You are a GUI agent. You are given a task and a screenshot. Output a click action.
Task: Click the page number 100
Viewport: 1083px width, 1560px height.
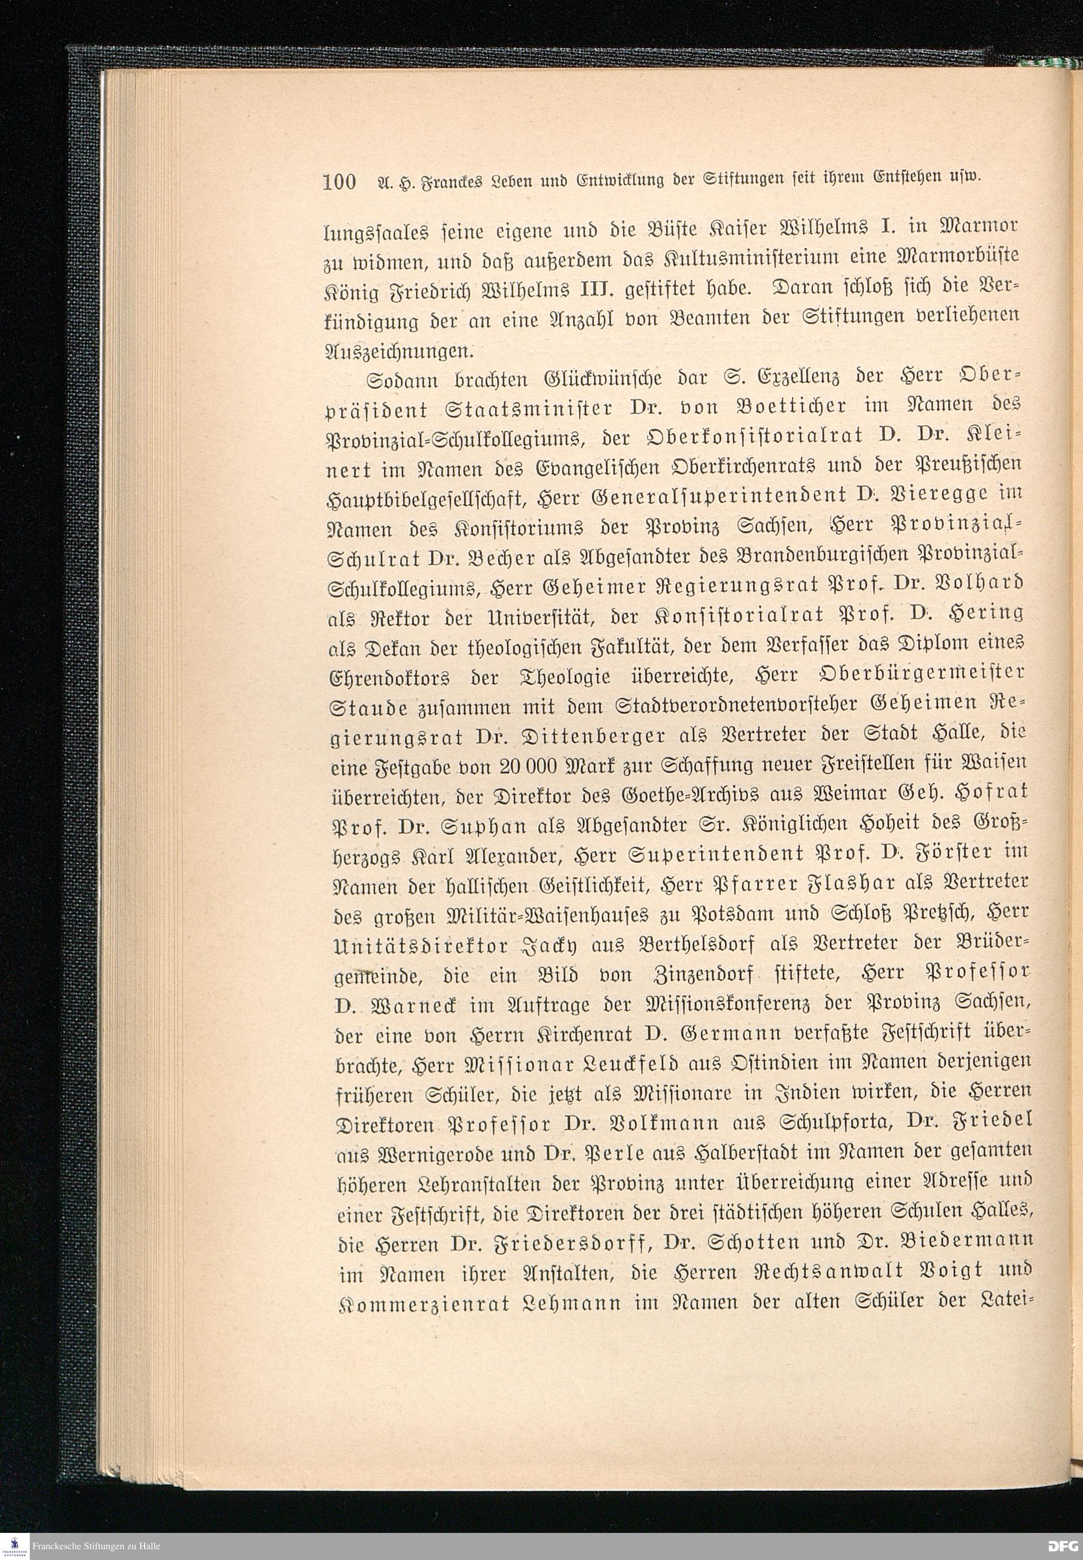[x=340, y=183]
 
